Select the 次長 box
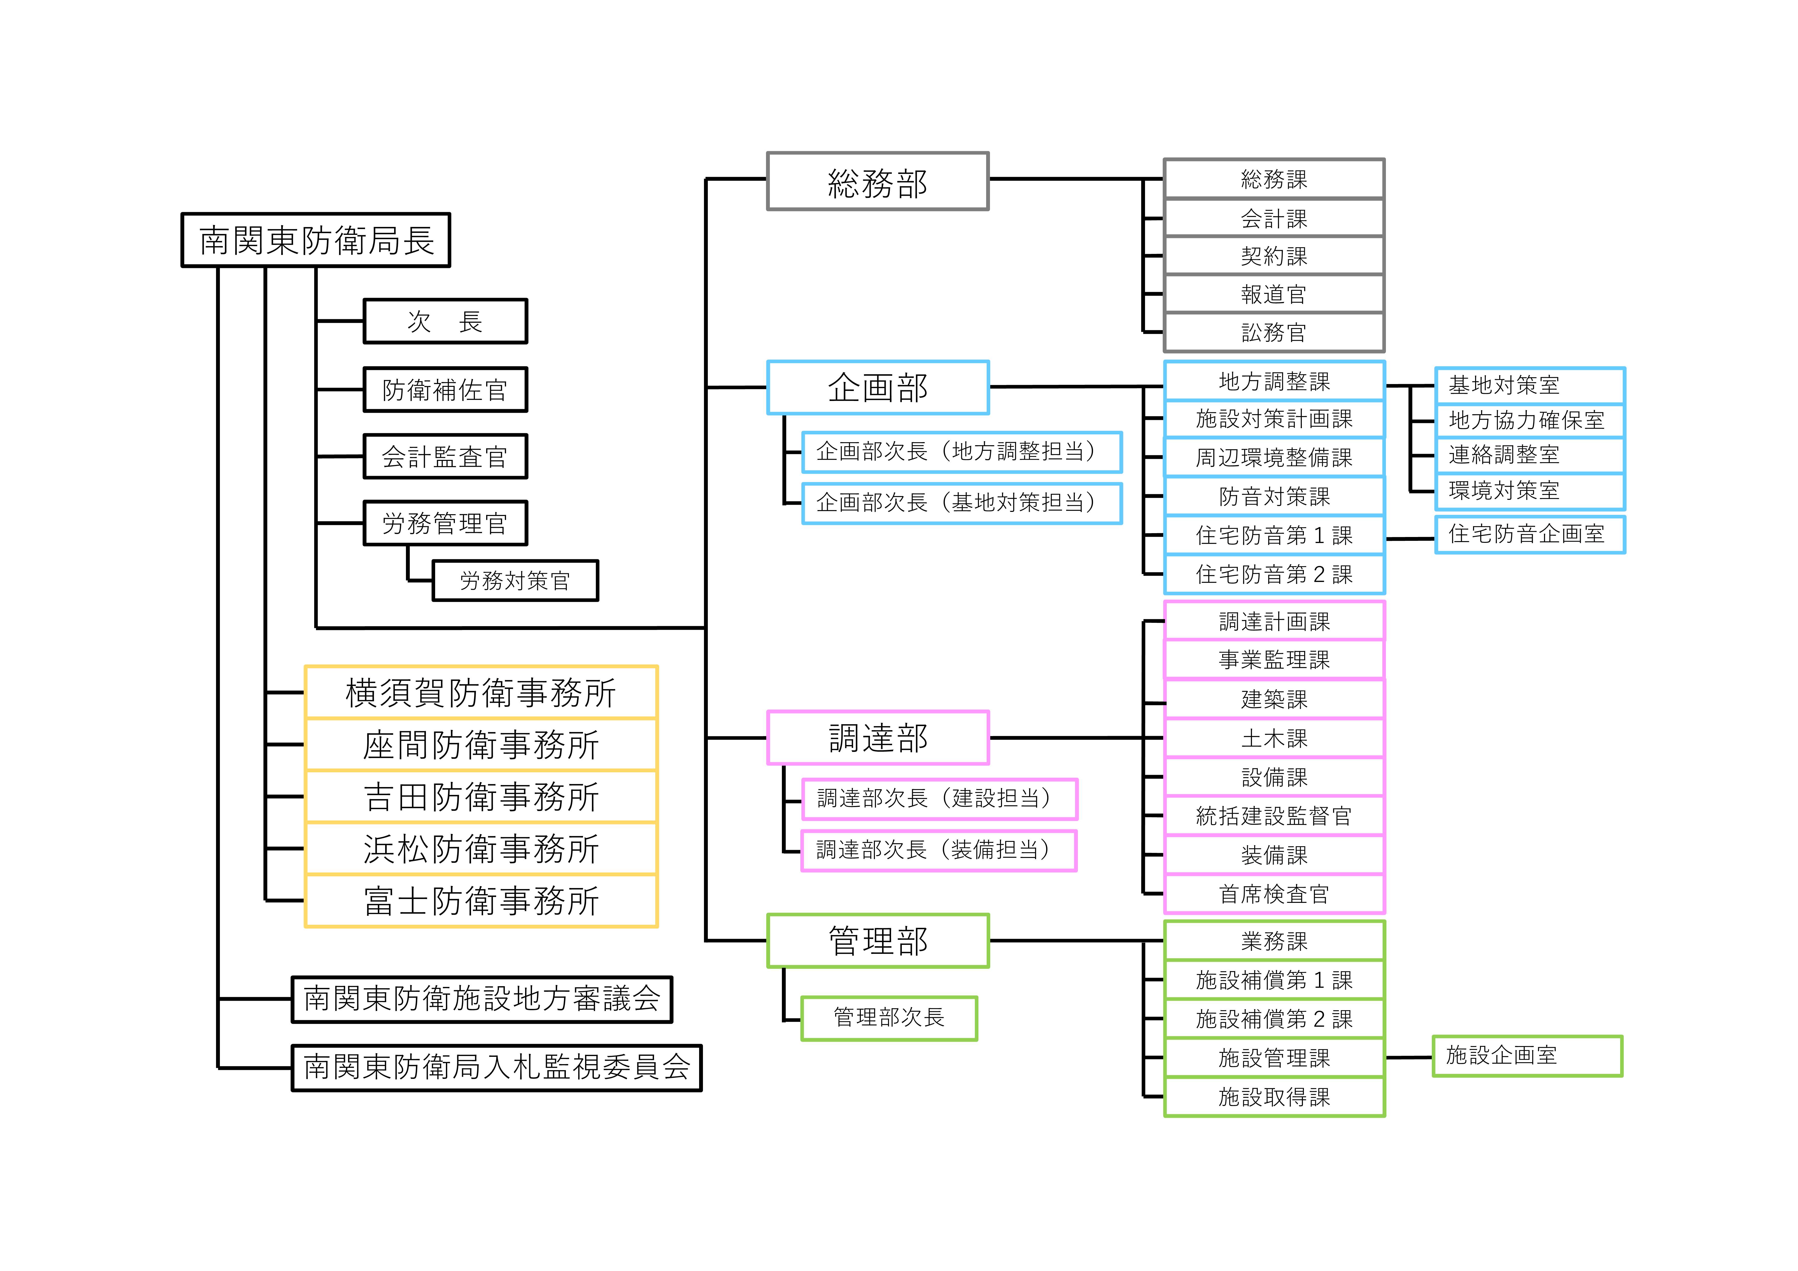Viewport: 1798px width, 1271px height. coord(445,321)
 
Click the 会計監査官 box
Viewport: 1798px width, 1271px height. coord(445,457)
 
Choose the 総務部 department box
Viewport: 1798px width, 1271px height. coord(877,182)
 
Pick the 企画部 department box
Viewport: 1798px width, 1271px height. coord(877,388)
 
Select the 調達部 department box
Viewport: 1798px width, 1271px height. coord(877,738)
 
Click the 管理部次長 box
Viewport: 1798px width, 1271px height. coord(889,1018)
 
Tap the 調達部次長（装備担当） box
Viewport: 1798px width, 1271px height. coord(938,851)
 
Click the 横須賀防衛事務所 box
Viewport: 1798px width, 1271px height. coord(481,692)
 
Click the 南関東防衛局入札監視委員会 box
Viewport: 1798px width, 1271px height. coord(496,1067)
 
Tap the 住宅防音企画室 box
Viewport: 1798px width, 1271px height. coord(1529,535)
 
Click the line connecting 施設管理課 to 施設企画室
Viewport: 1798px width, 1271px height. coord(1409,1057)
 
